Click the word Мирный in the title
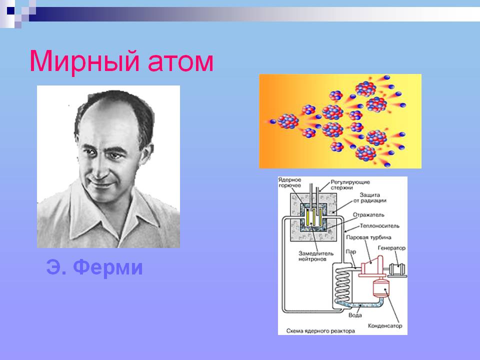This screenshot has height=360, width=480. (x=84, y=61)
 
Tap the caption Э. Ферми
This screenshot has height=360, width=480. (x=94, y=267)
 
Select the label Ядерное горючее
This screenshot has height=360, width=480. (x=289, y=182)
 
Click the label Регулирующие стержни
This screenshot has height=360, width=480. (x=350, y=185)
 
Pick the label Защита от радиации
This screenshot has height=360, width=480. (x=370, y=198)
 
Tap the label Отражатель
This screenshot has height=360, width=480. (x=368, y=215)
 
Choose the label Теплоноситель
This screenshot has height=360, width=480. (x=379, y=226)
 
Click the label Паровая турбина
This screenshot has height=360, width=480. (x=368, y=237)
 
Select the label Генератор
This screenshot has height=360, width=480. (x=391, y=248)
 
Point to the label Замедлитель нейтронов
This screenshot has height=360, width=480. (x=316, y=256)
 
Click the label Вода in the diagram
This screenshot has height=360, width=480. (x=355, y=315)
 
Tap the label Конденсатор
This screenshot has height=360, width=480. (x=385, y=325)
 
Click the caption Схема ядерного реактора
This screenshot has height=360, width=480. (x=320, y=331)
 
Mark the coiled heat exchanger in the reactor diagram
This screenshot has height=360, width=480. (x=342, y=285)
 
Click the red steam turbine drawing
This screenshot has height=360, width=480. (x=372, y=266)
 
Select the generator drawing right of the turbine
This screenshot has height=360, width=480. (x=397, y=269)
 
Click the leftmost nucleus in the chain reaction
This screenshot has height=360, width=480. (x=287, y=121)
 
